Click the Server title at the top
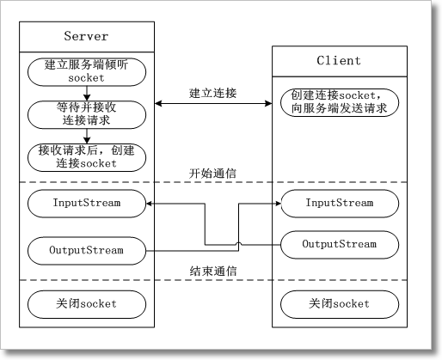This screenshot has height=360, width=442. pyautogui.click(x=86, y=35)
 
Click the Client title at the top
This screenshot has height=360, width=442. pyautogui.click(x=339, y=61)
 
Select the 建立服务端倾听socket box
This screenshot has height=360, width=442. pyautogui.click(x=86, y=71)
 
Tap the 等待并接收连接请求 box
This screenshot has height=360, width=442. pyautogui.click(x=86, y=113)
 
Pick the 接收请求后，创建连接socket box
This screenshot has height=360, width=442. pyautogui.click(x=86, y=156)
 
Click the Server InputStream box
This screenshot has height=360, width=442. pyautogui.click(x=86, y=204)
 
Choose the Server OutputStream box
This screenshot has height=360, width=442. pyautogui.click(x=86, y=251)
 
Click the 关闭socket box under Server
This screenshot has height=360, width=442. pyautogui.click(x=86, y=303)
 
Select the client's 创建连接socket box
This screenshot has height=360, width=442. pyautogui.click(x=339, y=101)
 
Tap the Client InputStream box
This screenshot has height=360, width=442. pyautogui.click(x=339, y=204)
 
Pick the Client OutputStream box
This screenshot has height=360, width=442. pyautogui.click(x=339, y=245)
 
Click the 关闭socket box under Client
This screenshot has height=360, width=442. pyautogui.click(x=339, y=303)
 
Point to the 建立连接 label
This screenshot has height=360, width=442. pyautogui.click(x=212, y=92)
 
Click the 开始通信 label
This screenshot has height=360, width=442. pyautogui.click(x=212, y=173)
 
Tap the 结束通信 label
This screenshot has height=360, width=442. pyautogui.click(x=212, y=271)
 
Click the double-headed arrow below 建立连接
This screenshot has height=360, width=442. pyautogui.click(x=212, y=105)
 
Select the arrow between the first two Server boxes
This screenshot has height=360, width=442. pyautogui.click(x=86, y=93)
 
